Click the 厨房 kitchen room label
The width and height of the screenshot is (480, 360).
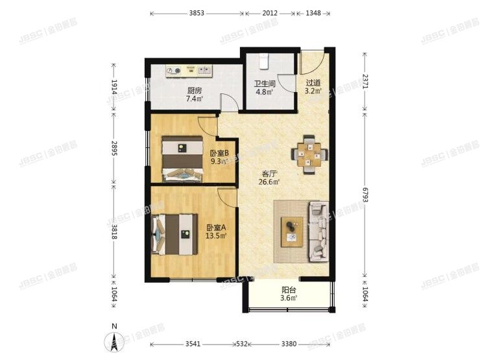point(195,91)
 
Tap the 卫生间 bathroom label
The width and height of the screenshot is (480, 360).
point(265,84)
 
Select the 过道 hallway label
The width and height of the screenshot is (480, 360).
point(313,83)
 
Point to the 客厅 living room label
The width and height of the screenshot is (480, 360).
point(269,174)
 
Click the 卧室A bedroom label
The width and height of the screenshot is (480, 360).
point(216,228)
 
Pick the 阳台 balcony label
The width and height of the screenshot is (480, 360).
point(289,290)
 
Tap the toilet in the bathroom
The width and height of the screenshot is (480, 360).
point(263,61)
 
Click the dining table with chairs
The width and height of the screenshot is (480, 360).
point(309,154)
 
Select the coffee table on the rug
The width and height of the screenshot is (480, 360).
point(292,232)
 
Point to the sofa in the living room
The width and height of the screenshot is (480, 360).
point(318,232)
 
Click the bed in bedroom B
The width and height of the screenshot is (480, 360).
point(182,159)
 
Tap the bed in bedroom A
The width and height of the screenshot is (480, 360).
point(174,235)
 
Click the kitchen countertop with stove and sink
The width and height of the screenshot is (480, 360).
point(189,71)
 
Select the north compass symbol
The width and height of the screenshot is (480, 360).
point(115,340)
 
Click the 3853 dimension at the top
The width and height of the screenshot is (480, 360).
point(197,13)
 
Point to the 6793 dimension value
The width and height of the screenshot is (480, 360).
point(365,195)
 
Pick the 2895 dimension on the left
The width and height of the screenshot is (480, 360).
point(114,148)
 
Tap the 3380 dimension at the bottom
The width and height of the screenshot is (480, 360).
point(289,344)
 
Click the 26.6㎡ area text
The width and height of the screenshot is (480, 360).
point(269,182)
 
